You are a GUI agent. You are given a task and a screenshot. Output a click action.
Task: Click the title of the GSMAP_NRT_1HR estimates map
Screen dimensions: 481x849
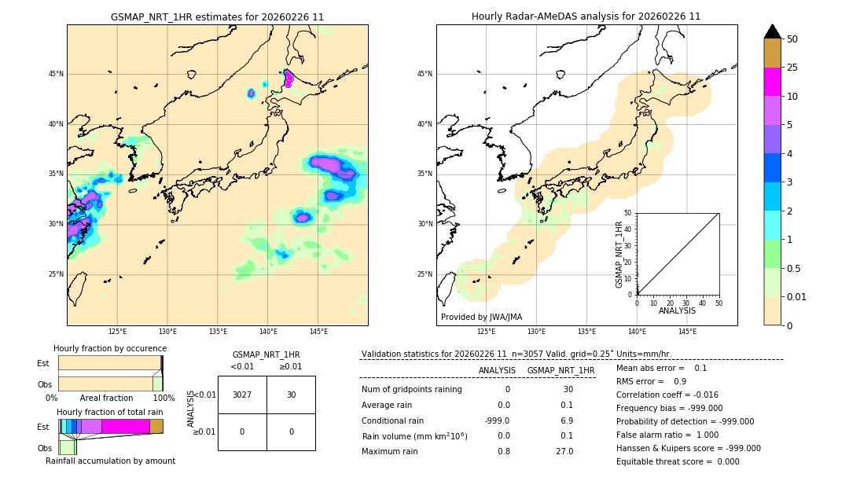coord(217,17)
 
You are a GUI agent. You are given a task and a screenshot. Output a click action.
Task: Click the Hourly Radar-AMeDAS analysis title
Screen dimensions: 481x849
coord(586,17)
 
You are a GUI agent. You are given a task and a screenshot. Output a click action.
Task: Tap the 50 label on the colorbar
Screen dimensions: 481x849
coord(792,39)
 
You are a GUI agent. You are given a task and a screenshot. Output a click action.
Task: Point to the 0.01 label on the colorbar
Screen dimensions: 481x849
coord(797,297)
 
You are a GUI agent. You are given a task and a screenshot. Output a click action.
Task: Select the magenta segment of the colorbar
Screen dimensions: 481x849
coord(773,82)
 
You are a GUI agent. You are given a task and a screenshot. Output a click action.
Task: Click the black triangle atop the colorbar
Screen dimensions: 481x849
coord(773,31)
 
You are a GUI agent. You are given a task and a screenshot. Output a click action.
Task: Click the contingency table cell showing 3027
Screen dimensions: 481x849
coord(242,395)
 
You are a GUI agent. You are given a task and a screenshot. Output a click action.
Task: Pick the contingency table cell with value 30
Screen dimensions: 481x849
coord(291,395)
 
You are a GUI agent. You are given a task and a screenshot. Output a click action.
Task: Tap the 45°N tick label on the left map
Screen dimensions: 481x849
coord(56,74)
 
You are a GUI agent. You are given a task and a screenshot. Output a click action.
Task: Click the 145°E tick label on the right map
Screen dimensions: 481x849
coord(687,332)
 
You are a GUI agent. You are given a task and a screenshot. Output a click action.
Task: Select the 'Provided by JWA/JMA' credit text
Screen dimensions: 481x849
coord(481,318)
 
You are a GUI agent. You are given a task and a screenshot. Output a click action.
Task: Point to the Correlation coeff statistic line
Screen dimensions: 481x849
coord(667,395)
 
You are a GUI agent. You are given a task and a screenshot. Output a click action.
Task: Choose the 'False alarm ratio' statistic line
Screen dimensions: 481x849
coord(667,435)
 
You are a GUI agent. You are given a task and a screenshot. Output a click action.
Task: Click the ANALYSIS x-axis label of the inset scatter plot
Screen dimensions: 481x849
coord(677,311)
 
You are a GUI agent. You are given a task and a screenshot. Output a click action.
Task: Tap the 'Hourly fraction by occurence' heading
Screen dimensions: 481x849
coord(110,349)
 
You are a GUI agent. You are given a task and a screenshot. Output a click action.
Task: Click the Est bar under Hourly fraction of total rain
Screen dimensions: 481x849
coord(111,426)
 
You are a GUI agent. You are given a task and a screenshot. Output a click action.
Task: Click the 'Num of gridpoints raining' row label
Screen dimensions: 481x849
coord(412,390)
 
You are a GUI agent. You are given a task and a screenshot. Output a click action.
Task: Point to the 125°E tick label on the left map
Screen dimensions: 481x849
coord(118,332)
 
